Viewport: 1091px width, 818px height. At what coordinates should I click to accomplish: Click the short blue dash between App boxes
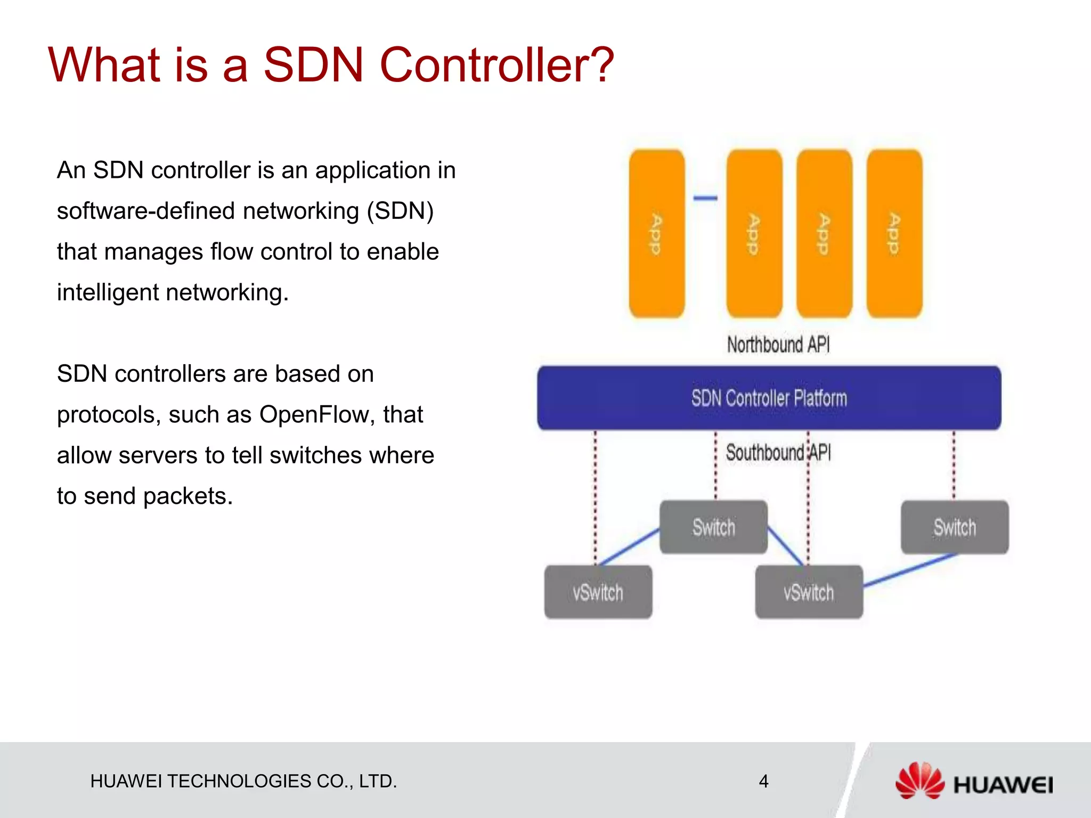click(705, 198)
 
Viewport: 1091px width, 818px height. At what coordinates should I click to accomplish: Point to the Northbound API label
click(778, 345)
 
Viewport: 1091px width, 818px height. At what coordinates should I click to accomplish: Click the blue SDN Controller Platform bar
click(769, 398)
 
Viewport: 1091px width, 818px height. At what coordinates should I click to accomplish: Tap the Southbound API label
click(778, 453)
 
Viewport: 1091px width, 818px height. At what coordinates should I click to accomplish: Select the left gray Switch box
click(713, 527)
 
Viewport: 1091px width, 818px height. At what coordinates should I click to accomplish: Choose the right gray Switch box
click(954, 527)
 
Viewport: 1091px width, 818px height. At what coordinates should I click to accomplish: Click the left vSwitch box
click(598, 592)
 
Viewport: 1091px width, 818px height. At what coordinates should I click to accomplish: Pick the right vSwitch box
click(809, 592)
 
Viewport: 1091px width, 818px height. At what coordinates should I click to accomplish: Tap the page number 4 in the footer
click(763, 781)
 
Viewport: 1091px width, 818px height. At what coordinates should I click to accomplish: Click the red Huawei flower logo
click(919, 781)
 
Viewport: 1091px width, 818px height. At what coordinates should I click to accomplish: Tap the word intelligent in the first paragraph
click(108, 292)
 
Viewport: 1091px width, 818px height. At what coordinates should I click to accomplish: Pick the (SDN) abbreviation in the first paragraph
click(400, 211)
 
